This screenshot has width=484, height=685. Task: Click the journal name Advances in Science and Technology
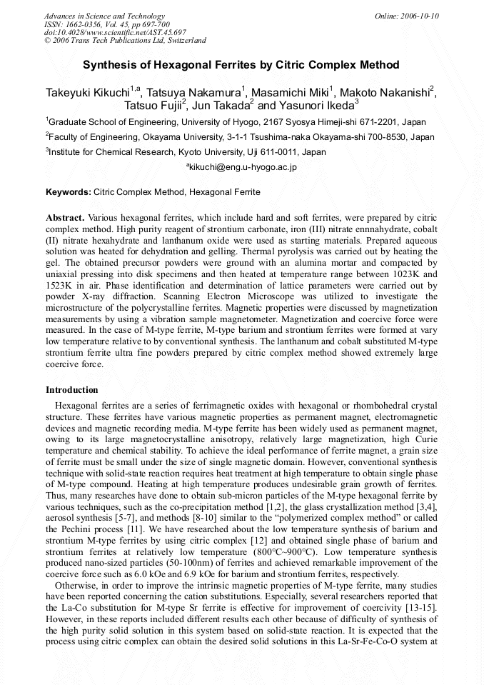pos(104,16)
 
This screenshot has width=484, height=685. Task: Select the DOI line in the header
pos(115,32)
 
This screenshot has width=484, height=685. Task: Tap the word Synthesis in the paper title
pos(111,65)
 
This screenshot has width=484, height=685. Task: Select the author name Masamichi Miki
pos(291,93)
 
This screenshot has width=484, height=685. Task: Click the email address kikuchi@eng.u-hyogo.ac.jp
pos(243,167)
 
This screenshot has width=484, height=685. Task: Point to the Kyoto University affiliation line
pos(186,152)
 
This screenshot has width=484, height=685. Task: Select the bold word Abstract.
pos(65,216)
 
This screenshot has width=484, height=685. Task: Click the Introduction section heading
pos(72,390)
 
